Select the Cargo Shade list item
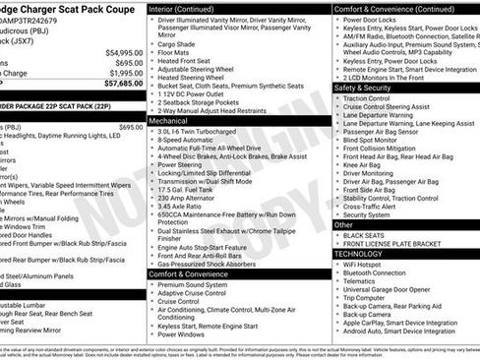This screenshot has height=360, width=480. tap(178, 44)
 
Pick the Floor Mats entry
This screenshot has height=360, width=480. tap(174, 53)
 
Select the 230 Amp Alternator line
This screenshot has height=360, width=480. tap(188, 198)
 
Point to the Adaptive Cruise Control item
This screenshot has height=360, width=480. tap(192, 293)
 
